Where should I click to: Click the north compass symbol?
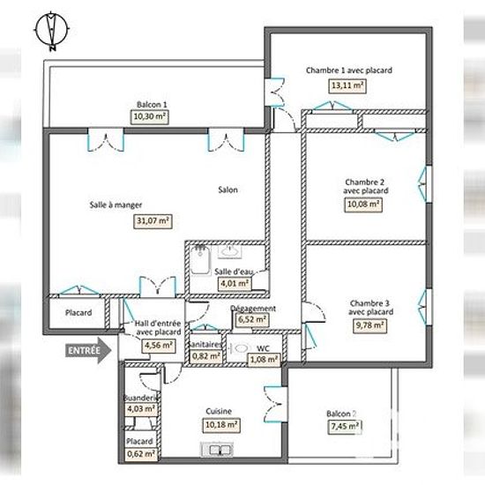coord(51,31)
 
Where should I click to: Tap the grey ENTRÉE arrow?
coord(88,350)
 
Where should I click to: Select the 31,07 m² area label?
coord(153,221)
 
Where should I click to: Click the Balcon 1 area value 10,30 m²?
coord(150,117)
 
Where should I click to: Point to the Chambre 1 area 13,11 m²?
coord(347,86)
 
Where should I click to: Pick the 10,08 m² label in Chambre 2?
coord(363,205)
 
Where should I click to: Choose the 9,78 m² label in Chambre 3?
coord(369,325)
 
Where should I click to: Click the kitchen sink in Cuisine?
coord(217,450)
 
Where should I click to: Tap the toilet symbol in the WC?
coord(239,348)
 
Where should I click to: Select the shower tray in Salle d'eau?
coord(200,260)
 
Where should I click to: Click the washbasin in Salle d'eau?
coord(229,251)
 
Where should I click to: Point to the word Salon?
coord(228,190)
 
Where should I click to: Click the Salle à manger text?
coord(116,205)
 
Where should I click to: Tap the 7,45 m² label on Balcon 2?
coord(345,427)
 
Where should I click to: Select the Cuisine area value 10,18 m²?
coord(221,425)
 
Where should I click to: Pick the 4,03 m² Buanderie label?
coord(141,409)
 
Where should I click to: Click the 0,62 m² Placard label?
coord(141,454)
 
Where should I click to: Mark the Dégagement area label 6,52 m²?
coord(252,319)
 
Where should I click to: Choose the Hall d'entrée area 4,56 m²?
coord(159,346)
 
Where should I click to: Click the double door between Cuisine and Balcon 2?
coord(274,404)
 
